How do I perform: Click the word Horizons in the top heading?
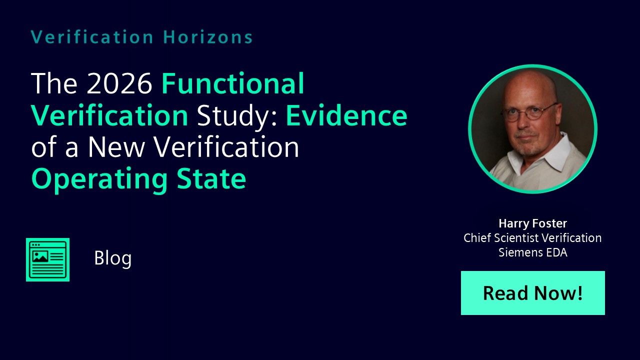click(207, 37)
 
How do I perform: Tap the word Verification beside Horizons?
click(92, 37)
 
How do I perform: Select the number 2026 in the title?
click(119, 83)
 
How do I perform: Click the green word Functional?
click(233, 83)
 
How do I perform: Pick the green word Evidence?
click(346, 115)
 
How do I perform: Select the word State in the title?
click(211, 178)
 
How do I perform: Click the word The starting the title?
click(54, 83)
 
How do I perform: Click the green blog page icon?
click(47, 259)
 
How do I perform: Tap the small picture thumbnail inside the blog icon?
click(40, 256)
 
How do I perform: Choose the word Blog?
click(113, 258)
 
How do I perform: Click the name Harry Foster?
click(533, 223)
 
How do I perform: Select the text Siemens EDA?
click(533, 252)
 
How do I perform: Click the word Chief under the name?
click(477, 237)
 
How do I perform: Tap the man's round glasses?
click(530, 113)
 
